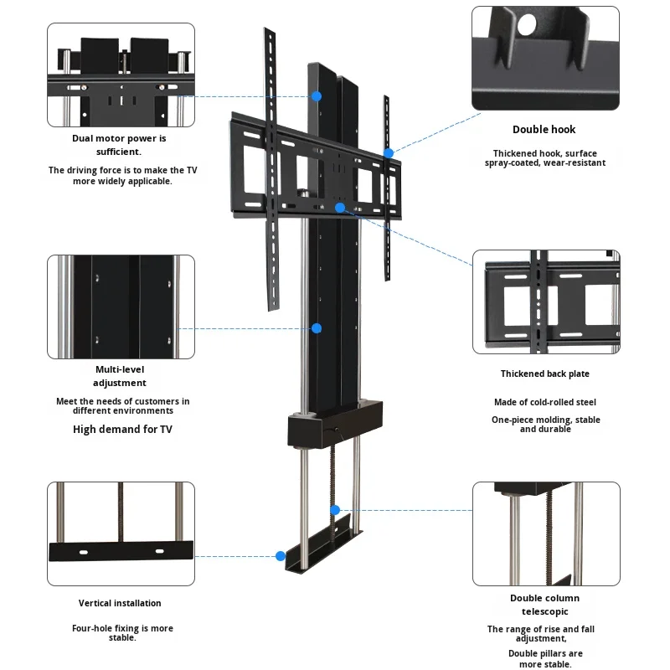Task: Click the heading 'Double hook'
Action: tap(544, 130)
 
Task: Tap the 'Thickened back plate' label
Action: tap(544, 374)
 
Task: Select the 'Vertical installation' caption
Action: tap(120, 603)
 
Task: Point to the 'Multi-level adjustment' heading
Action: tap(120, 376)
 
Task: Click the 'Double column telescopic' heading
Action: tap(544, 605)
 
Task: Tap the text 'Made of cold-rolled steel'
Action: tap(544, 403)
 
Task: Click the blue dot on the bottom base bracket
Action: tap(281, 555)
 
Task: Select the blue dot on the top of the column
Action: tap(317, 96)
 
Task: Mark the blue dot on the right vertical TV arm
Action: tap(389, 153)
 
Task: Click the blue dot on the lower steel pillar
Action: tap(335, 509)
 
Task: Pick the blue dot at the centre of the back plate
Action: tap(340, 206)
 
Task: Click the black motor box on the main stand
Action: tap(334, 425)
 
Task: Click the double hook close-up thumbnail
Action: tap(545, 59)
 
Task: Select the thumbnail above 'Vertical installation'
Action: tap(121, 533)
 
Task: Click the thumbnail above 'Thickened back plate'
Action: tap(546, 301)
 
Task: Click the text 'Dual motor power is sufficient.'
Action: tap(120, 145)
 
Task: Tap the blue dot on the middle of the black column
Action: tap(317, 328)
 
